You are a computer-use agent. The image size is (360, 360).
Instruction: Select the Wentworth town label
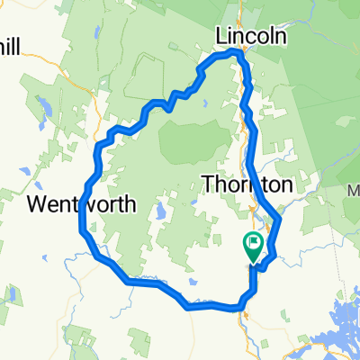pos(82,204)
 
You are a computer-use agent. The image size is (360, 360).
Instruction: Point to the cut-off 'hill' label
pos(15,44)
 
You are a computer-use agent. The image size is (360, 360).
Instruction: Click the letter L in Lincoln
pos(220,37)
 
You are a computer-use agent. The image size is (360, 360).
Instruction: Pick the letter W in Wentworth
pos(36,204)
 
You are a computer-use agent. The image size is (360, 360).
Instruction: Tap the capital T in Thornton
pos(209,184)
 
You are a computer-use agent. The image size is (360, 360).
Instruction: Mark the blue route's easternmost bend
pos(280,218)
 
